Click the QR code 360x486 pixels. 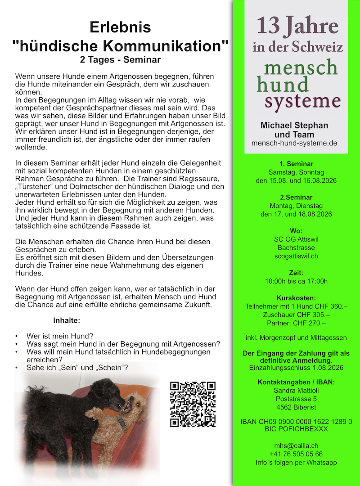click(193, 404)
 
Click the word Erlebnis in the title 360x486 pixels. click(120, 28)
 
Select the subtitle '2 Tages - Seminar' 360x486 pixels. click(120, 59)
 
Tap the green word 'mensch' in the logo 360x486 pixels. click(300, 67)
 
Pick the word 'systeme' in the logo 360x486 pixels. click(300, 101)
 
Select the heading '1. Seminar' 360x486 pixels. click(296, 164)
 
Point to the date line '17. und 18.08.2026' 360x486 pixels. click(296, 214)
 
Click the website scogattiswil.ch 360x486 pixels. click(296, 256)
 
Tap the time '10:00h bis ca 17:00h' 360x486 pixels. click(296, 281)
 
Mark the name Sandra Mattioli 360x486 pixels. click(296, 390)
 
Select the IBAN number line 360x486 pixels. click(296, 421)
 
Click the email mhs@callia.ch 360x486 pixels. click(296, 445)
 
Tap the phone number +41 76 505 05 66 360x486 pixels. click(296, 454)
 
